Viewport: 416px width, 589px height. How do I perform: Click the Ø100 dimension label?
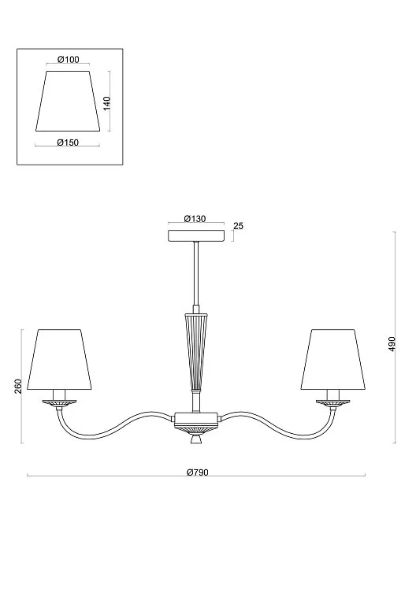69,59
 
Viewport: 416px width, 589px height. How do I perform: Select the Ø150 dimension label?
68,143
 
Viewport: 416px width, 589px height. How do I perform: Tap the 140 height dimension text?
107,103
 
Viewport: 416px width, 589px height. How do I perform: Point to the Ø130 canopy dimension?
195,219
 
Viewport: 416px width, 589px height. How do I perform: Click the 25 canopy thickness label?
238,226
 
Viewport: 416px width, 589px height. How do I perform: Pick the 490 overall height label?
392,343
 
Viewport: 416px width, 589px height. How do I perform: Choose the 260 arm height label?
18,386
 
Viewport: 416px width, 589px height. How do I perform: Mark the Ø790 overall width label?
197,472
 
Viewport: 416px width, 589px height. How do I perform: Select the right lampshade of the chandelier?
333,360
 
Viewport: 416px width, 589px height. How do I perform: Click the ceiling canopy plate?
195,235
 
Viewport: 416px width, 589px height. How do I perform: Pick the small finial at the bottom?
196,439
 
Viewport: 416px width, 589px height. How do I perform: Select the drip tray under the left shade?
59,402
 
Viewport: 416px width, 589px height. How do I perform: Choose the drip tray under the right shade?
333,402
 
